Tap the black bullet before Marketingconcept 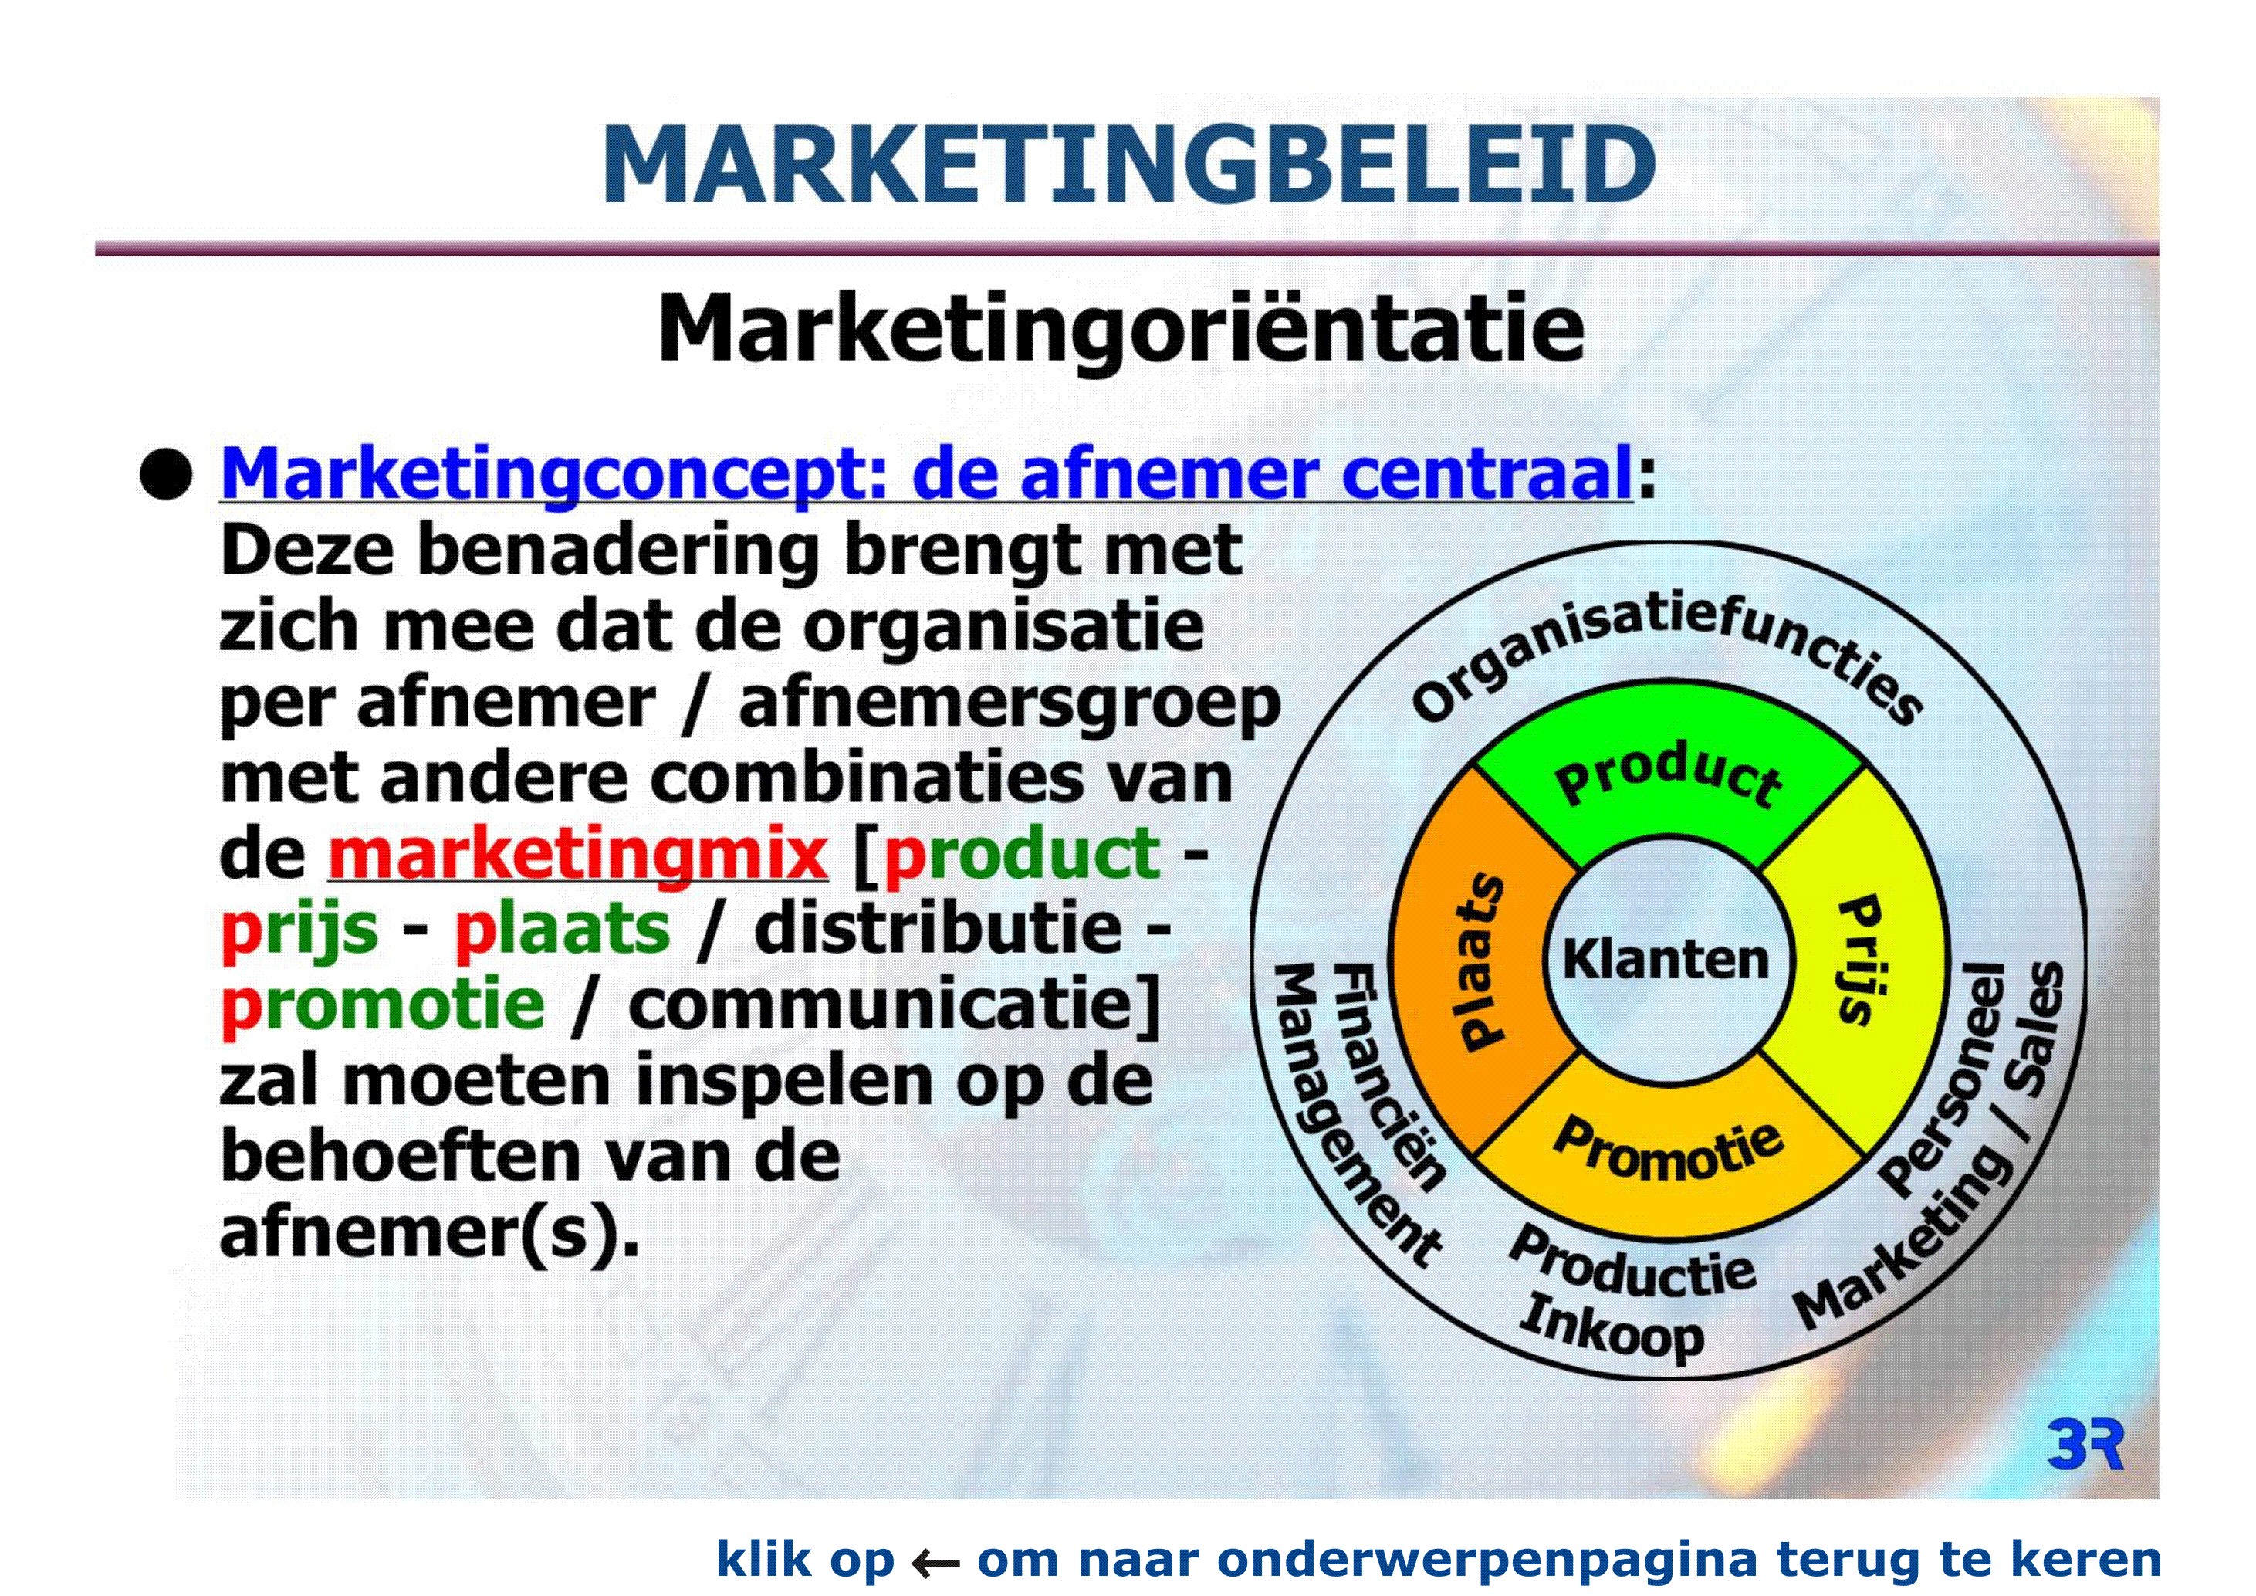(x=166, y=475)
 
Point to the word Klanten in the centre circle (x=1666, y=959)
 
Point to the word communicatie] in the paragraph (x=895, y=1005)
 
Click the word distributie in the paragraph (x=938, y=928)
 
